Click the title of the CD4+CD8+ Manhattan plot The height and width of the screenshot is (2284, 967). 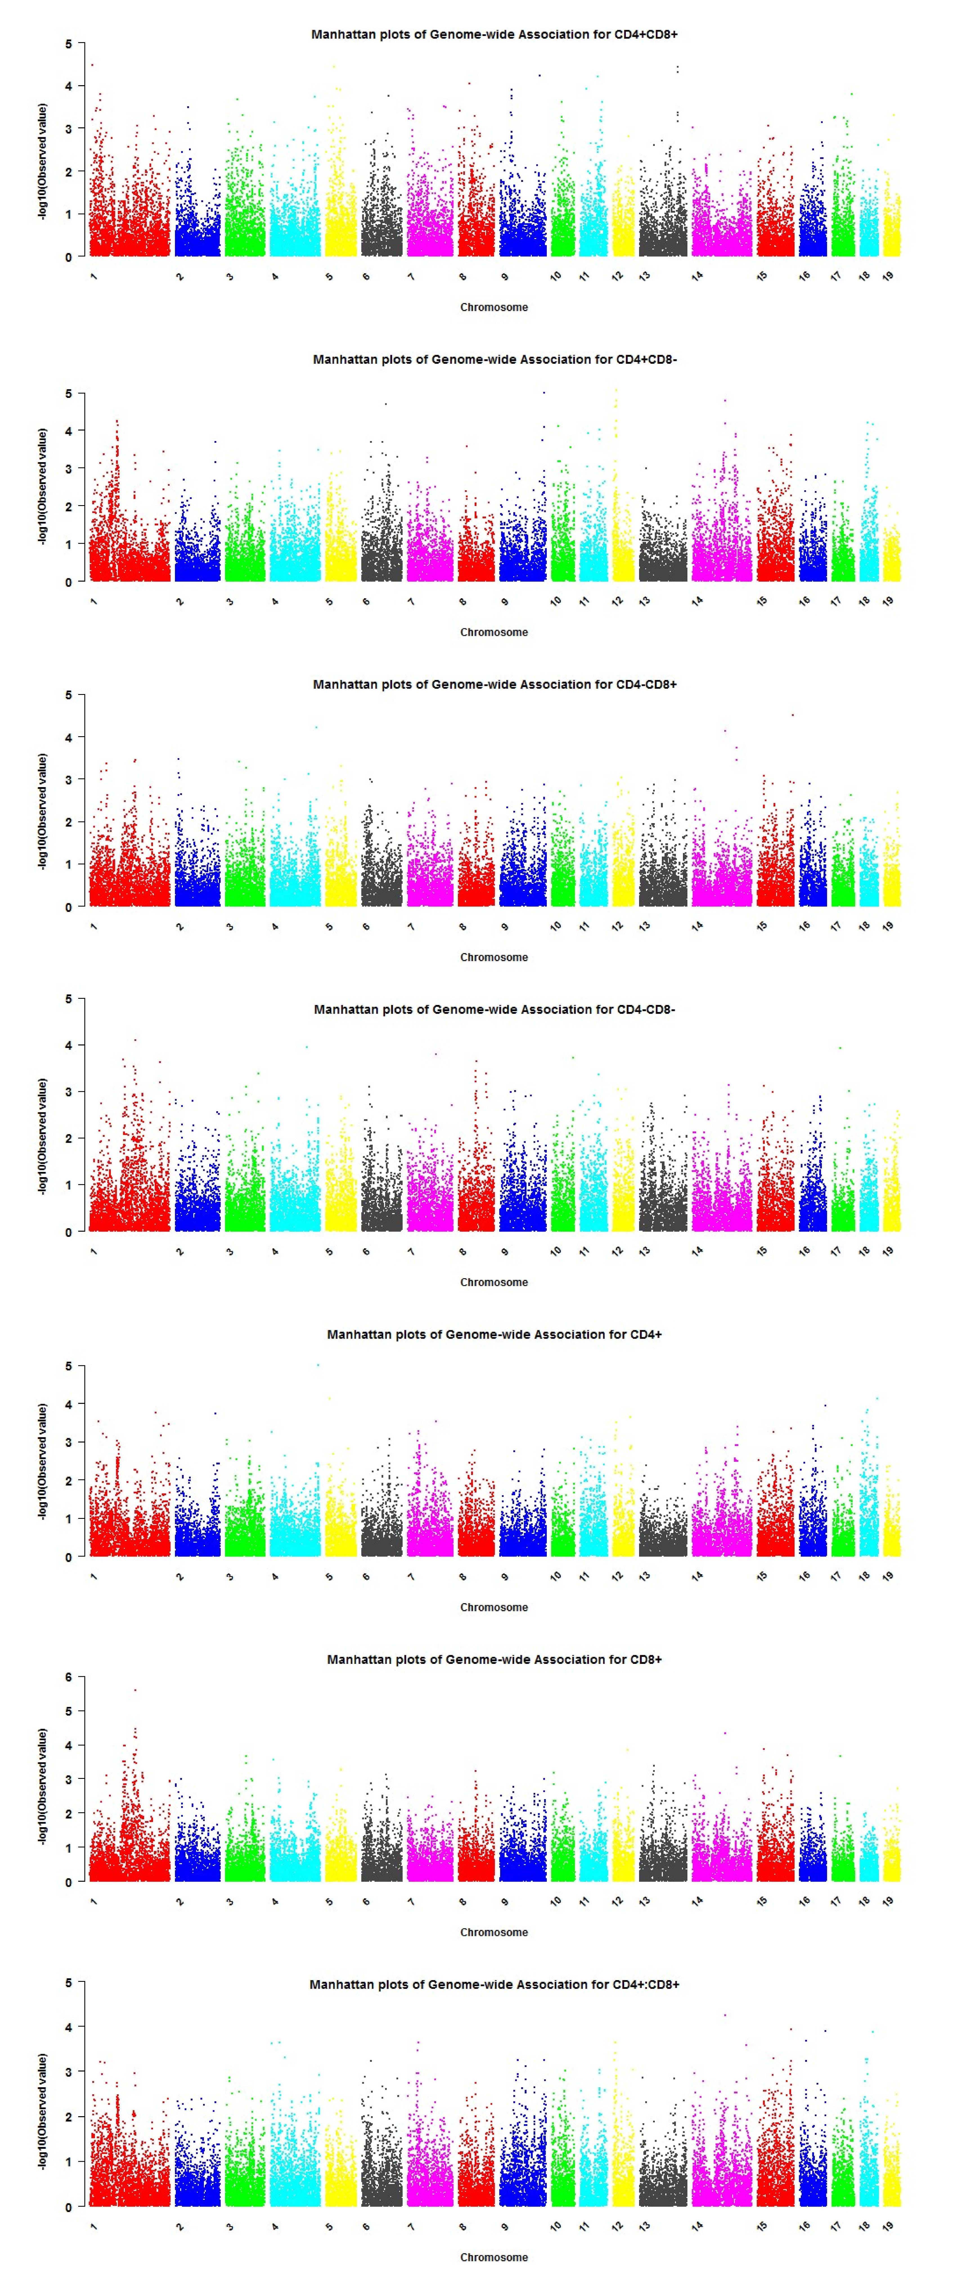tap(494, 35)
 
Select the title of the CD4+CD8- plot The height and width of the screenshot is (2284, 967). tap(494, 359)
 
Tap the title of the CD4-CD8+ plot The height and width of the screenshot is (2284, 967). tap(494, 684)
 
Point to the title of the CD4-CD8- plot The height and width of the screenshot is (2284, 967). tap(494, 1009)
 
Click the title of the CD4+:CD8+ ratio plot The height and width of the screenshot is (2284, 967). tap(494, 1984)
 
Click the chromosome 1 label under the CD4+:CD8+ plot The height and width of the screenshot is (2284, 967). tap(94, 2226)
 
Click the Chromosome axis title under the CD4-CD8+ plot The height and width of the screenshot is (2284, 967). tap(494, 957)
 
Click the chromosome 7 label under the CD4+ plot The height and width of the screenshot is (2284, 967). tap(411, 1576)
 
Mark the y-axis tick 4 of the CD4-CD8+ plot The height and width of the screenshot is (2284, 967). tap(68, 738)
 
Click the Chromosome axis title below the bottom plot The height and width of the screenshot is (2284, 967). tap(494, 2257)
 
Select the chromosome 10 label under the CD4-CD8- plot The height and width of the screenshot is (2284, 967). tap(555, 1251)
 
